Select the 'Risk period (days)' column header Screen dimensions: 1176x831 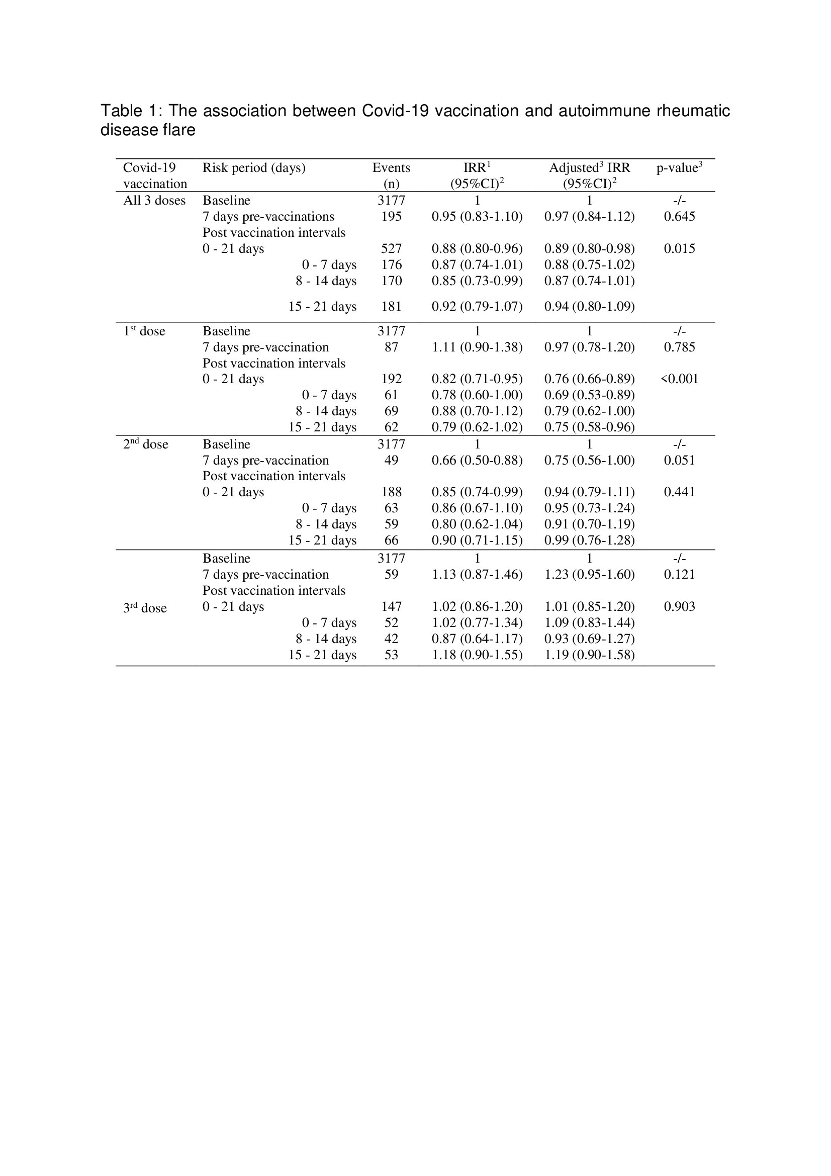tap(254, 168)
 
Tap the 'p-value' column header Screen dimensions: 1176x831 tap(679, 168)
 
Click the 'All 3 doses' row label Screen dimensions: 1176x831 tap(154, 200)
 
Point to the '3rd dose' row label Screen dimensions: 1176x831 tap(145, 608)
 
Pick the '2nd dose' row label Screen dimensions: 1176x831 tap(145, 444)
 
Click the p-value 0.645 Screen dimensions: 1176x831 tap(680, 216)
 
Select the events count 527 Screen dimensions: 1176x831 tap(391, 249)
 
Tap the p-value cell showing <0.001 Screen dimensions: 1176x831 tap(680, 379)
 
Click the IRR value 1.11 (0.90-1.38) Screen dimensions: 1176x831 tap(477, 347)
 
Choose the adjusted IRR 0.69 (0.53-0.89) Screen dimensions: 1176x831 tap(589, 395)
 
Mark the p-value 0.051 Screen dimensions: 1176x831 tap(680, 460)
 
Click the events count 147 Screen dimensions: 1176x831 tap(391, 606)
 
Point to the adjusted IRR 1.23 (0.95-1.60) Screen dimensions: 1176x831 tap(589, 574)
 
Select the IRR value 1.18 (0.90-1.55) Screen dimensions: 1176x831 tap(477, 655)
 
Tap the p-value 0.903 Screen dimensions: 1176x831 tap(680, 606)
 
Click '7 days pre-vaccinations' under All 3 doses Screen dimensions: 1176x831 tap(268, 217)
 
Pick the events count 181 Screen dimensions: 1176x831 tap(391, 306)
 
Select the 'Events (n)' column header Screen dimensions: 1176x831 tap(391, 175)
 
